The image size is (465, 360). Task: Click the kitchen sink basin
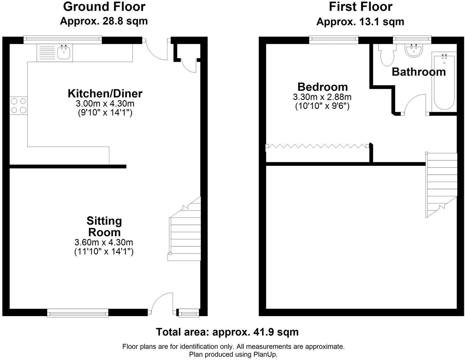click(64, 53)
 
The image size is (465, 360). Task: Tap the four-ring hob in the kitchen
click(19, 106)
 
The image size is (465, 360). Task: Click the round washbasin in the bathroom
click(414, 50)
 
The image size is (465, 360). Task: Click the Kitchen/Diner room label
click(105, 94)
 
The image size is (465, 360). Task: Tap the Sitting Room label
click(104, 227)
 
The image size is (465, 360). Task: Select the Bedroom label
click(323, 87)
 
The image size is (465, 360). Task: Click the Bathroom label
click(419, 72)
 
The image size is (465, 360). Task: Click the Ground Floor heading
click(104, 7)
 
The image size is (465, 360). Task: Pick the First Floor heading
click(360, 7)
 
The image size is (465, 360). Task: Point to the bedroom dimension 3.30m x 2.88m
click(322, 97)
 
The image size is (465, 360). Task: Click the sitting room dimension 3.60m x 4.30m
click(104, 242)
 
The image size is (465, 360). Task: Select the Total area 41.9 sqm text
click(227, 332)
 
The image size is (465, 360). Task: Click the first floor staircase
click(441, 185)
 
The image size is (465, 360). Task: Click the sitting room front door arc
click(159, 298)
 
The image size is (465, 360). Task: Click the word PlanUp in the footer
click(265, 355)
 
